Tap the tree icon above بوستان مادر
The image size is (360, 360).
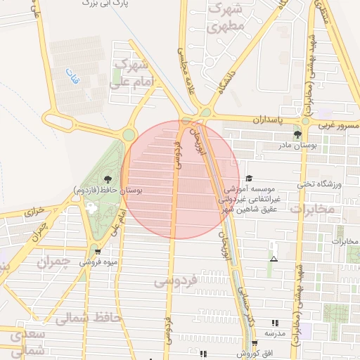click(299, 134)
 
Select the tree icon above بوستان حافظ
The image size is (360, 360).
click(107, 180)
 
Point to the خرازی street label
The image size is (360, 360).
click(34, 210)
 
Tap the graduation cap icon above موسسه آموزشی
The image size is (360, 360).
click(248, 179)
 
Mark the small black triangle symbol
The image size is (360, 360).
click(274, 259)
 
